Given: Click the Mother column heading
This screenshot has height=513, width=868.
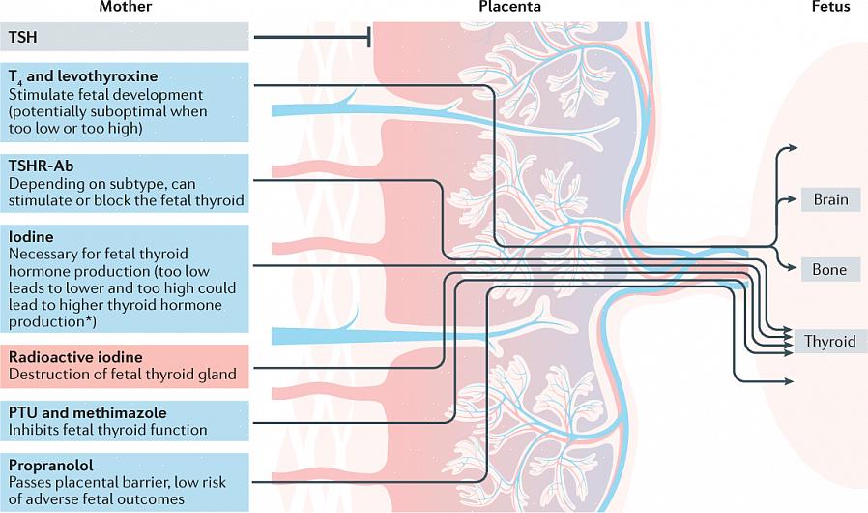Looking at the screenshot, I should [x=125, y=7].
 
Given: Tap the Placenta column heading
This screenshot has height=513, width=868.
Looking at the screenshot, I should [x=509, y=7].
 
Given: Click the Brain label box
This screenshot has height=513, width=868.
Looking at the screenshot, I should [x=830, y=200].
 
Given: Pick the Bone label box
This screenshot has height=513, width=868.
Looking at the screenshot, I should [x=829, y=270].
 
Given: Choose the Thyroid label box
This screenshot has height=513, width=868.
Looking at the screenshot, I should [x=829, y=341].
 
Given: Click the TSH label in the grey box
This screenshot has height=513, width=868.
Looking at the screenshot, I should [x=23, y=37].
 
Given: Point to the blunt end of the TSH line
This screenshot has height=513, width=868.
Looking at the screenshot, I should [x=369, y=38].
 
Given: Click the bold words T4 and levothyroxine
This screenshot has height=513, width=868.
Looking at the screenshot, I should [x=82, y=76].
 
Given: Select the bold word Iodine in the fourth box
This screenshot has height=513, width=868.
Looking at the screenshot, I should [x=31, y=236].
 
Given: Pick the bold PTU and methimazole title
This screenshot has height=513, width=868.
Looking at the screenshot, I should [x=88, y=412].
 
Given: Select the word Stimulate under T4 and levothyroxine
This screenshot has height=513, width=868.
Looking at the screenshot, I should [x=41, y=94].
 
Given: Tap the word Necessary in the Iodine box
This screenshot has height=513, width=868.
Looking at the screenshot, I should [x=43, y=254].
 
